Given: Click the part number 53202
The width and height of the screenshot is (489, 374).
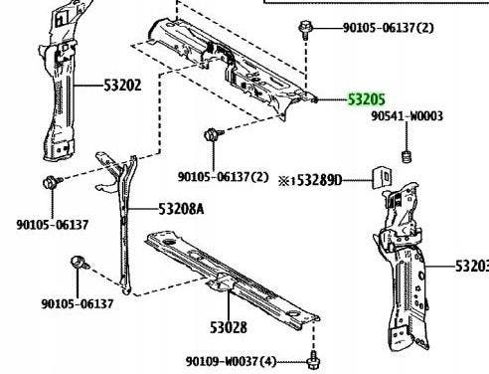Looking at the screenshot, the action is click(122, 86).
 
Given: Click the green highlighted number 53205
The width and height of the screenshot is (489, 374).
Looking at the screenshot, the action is click(367, 99).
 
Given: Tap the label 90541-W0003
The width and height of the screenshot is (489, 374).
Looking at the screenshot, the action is click(407, 116).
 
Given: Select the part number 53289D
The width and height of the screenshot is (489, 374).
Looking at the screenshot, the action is click(319, 181).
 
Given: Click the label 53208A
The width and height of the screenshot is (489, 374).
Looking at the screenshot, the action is click(181, 209).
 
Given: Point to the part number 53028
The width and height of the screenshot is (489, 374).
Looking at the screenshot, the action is click(229, 327).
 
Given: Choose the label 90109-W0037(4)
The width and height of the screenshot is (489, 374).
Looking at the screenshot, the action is click(231, 361).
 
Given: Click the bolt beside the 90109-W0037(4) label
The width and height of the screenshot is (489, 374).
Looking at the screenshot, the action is click(313, 362).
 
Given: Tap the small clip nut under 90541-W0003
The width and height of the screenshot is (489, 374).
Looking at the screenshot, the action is click(407, 157).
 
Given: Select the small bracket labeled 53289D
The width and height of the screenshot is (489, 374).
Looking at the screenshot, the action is click(383, 178).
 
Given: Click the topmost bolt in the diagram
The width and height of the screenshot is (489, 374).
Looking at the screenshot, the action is click(305, 29).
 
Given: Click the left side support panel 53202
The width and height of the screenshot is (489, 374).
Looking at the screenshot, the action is click(59, 83).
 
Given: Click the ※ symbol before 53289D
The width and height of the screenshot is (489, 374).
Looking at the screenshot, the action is click(284, 181).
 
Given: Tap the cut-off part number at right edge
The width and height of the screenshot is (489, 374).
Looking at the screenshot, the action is click(472, 266).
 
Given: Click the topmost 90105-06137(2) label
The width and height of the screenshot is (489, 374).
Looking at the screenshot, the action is click(388, 28).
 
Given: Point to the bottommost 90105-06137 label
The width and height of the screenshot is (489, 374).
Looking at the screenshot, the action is click(78, 303).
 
